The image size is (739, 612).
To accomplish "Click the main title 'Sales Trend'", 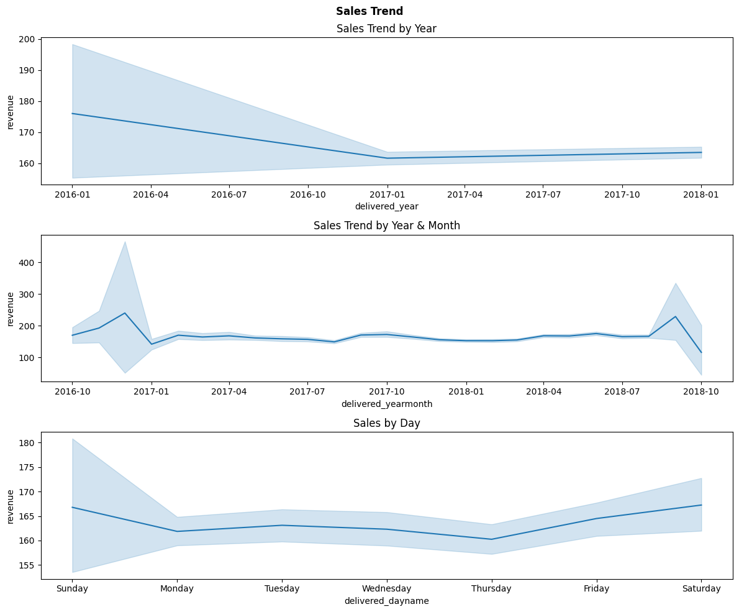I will [x=369, y=11].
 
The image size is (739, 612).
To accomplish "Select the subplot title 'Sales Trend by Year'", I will [x=386, y=29].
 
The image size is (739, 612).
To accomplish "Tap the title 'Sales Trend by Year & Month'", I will [x=386, y=226].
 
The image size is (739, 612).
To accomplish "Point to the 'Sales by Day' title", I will [x=386, y=423].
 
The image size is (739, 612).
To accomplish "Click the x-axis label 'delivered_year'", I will [x=386, y=206].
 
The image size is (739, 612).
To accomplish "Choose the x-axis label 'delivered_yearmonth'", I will [x=386, y=404].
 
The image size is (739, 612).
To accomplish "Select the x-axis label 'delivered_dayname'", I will [x=386, y=601].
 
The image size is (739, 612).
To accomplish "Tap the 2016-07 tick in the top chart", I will [x=229, y=194].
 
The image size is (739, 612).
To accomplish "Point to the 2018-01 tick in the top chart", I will [x=701, y=194].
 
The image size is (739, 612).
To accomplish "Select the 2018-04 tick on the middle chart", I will [x=543, y=391].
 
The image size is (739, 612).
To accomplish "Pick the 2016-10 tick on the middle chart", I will [x=72, y=391].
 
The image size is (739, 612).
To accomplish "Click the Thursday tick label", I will [x=491, y=588].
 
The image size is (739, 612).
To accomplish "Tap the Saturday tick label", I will [x=701, y=588].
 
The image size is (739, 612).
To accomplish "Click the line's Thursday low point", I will [x=491, y=539].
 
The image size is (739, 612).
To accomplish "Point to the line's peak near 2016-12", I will [x=125, y=313].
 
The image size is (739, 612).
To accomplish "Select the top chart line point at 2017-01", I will [x=387, y=158].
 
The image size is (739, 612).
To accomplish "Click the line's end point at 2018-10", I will [x=701, y=352].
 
